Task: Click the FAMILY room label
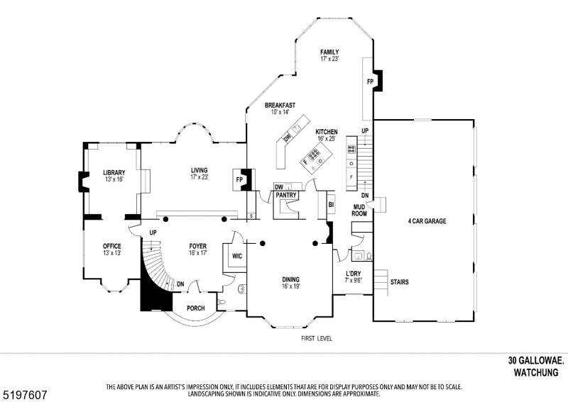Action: pyautogui.click(x=329, y=52)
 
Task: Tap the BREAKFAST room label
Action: pyautogui.click(x=280, y=106)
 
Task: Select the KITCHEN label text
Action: pyautogui.click(x=327, y=132)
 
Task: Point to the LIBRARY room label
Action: pyautogui.click(x=114, y=172)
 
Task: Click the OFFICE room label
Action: pyautogui.click(x=112, y=246)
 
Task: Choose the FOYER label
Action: pyautogui.click(x=197, y=246)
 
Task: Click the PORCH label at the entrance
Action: pyautogui.click(x=195, y=308)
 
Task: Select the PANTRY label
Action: pyautogui.click(x=286, y=194)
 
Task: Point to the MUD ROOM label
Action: pyautogui.click(x=359, y=210)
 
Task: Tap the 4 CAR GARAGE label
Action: pyautogui.click(x=427, y=221)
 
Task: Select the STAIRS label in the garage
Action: pyautogui.click(x=399, y=281)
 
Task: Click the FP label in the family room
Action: pyautogui.click(x=370, y=82)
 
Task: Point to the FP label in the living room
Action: pyautogui.click(x=239, y=179)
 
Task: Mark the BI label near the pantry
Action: pyautogui.click(x=331, y=205)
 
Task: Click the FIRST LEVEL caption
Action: pyautogui.click(x=317, y=338)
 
